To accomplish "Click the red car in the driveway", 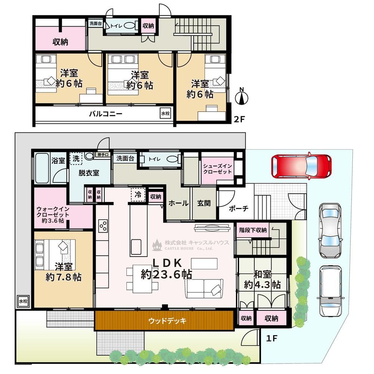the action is coord(301,166).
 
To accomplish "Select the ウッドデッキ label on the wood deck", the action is coord(167,321).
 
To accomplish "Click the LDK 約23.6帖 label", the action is coord(167,269).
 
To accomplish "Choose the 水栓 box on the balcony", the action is coord(165,114).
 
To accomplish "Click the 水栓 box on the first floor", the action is coord(23,301).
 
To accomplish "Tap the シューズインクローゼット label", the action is coord(217,169).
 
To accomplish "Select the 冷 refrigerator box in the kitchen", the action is coord(138,194).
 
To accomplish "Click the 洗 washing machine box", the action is coord(76,158).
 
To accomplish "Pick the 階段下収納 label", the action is coord(253,230).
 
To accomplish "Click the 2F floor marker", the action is coord(239,119).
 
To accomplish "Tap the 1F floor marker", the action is coord(272,338).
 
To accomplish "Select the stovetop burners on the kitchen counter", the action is coord(104,226).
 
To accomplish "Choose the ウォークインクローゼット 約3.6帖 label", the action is coord(53,215).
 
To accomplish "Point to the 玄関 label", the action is coord(204,203).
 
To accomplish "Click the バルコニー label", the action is coord(106,114).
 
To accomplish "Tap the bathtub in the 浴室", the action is coord(42,168).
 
